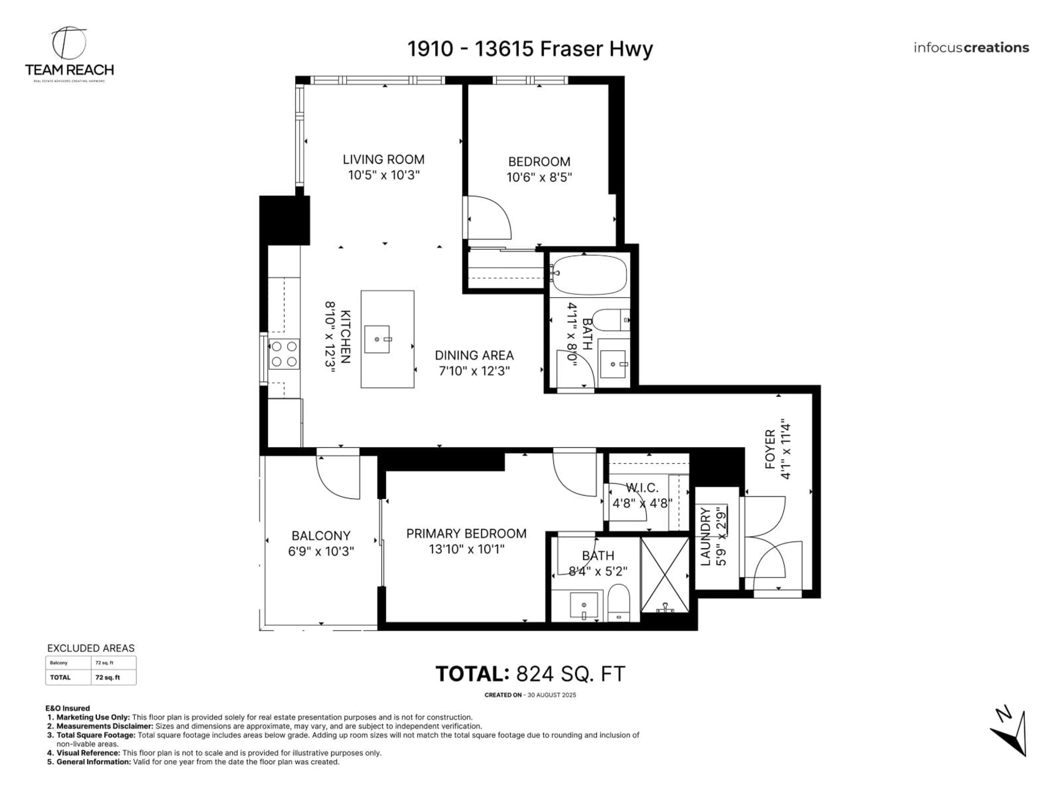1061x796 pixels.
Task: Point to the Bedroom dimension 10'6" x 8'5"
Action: click(539, 177)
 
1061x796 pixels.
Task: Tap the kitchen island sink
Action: click(377, 339)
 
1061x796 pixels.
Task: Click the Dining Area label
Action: click(474, 355)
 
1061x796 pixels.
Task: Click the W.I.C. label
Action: click(642, 488)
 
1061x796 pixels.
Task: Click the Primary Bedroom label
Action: click(466, 533)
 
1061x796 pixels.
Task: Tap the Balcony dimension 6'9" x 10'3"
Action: click(321, 551)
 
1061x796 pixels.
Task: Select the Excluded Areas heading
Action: click(91, 648)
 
